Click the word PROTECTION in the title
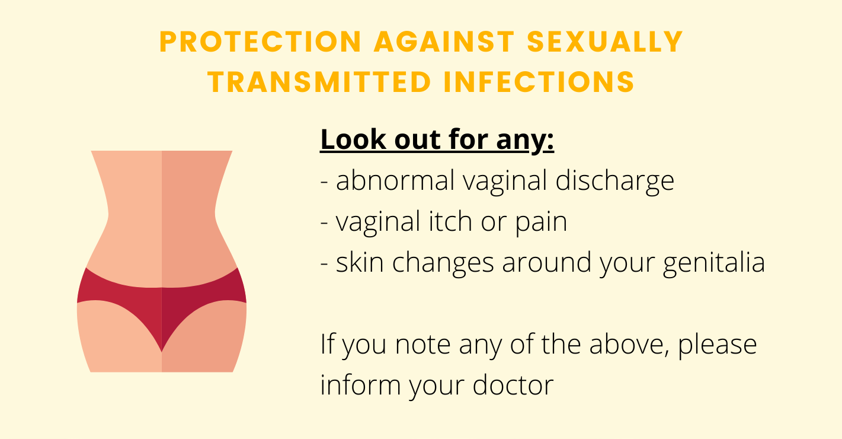261,42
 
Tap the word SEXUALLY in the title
605,42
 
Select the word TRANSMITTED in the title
319,82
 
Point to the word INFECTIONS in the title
539,82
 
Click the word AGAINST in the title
444,42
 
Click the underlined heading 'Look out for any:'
437,140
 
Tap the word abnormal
395,180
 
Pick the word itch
450,221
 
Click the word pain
541,224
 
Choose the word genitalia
714,263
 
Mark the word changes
443,263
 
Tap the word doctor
513,384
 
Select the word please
717,346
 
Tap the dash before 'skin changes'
324,263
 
